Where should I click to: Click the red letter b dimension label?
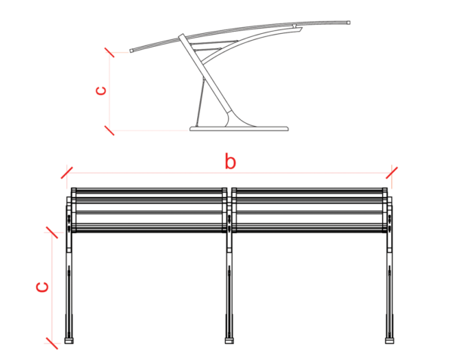[x=230, y=162]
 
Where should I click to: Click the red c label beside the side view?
[x=101, y=91]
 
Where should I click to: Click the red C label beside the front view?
[x=42, y=288]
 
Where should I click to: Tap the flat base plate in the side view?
[x=239, y=128]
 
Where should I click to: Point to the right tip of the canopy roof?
[x=349, y=23]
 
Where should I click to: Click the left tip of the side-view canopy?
[x=131, y=51]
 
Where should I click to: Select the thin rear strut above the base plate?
[x=200, y=102]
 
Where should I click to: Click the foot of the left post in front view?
[x=69, y=340]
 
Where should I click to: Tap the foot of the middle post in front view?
[x=230, y=340]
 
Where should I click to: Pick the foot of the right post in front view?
[x=390, y=340]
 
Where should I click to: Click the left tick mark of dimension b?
[x=66, y=173]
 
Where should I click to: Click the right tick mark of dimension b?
[x=392, y=173]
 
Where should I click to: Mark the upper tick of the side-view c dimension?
[x=109, y=52]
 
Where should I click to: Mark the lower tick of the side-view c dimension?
[x=109, y=131]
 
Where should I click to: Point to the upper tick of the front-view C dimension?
[x=52, y=232]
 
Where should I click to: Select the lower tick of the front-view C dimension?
[x=52, y=343]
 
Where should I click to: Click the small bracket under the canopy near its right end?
[x=294, y=26]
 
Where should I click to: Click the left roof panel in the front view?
[x=149, y=210]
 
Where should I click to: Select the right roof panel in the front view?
[x=310, y=210]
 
